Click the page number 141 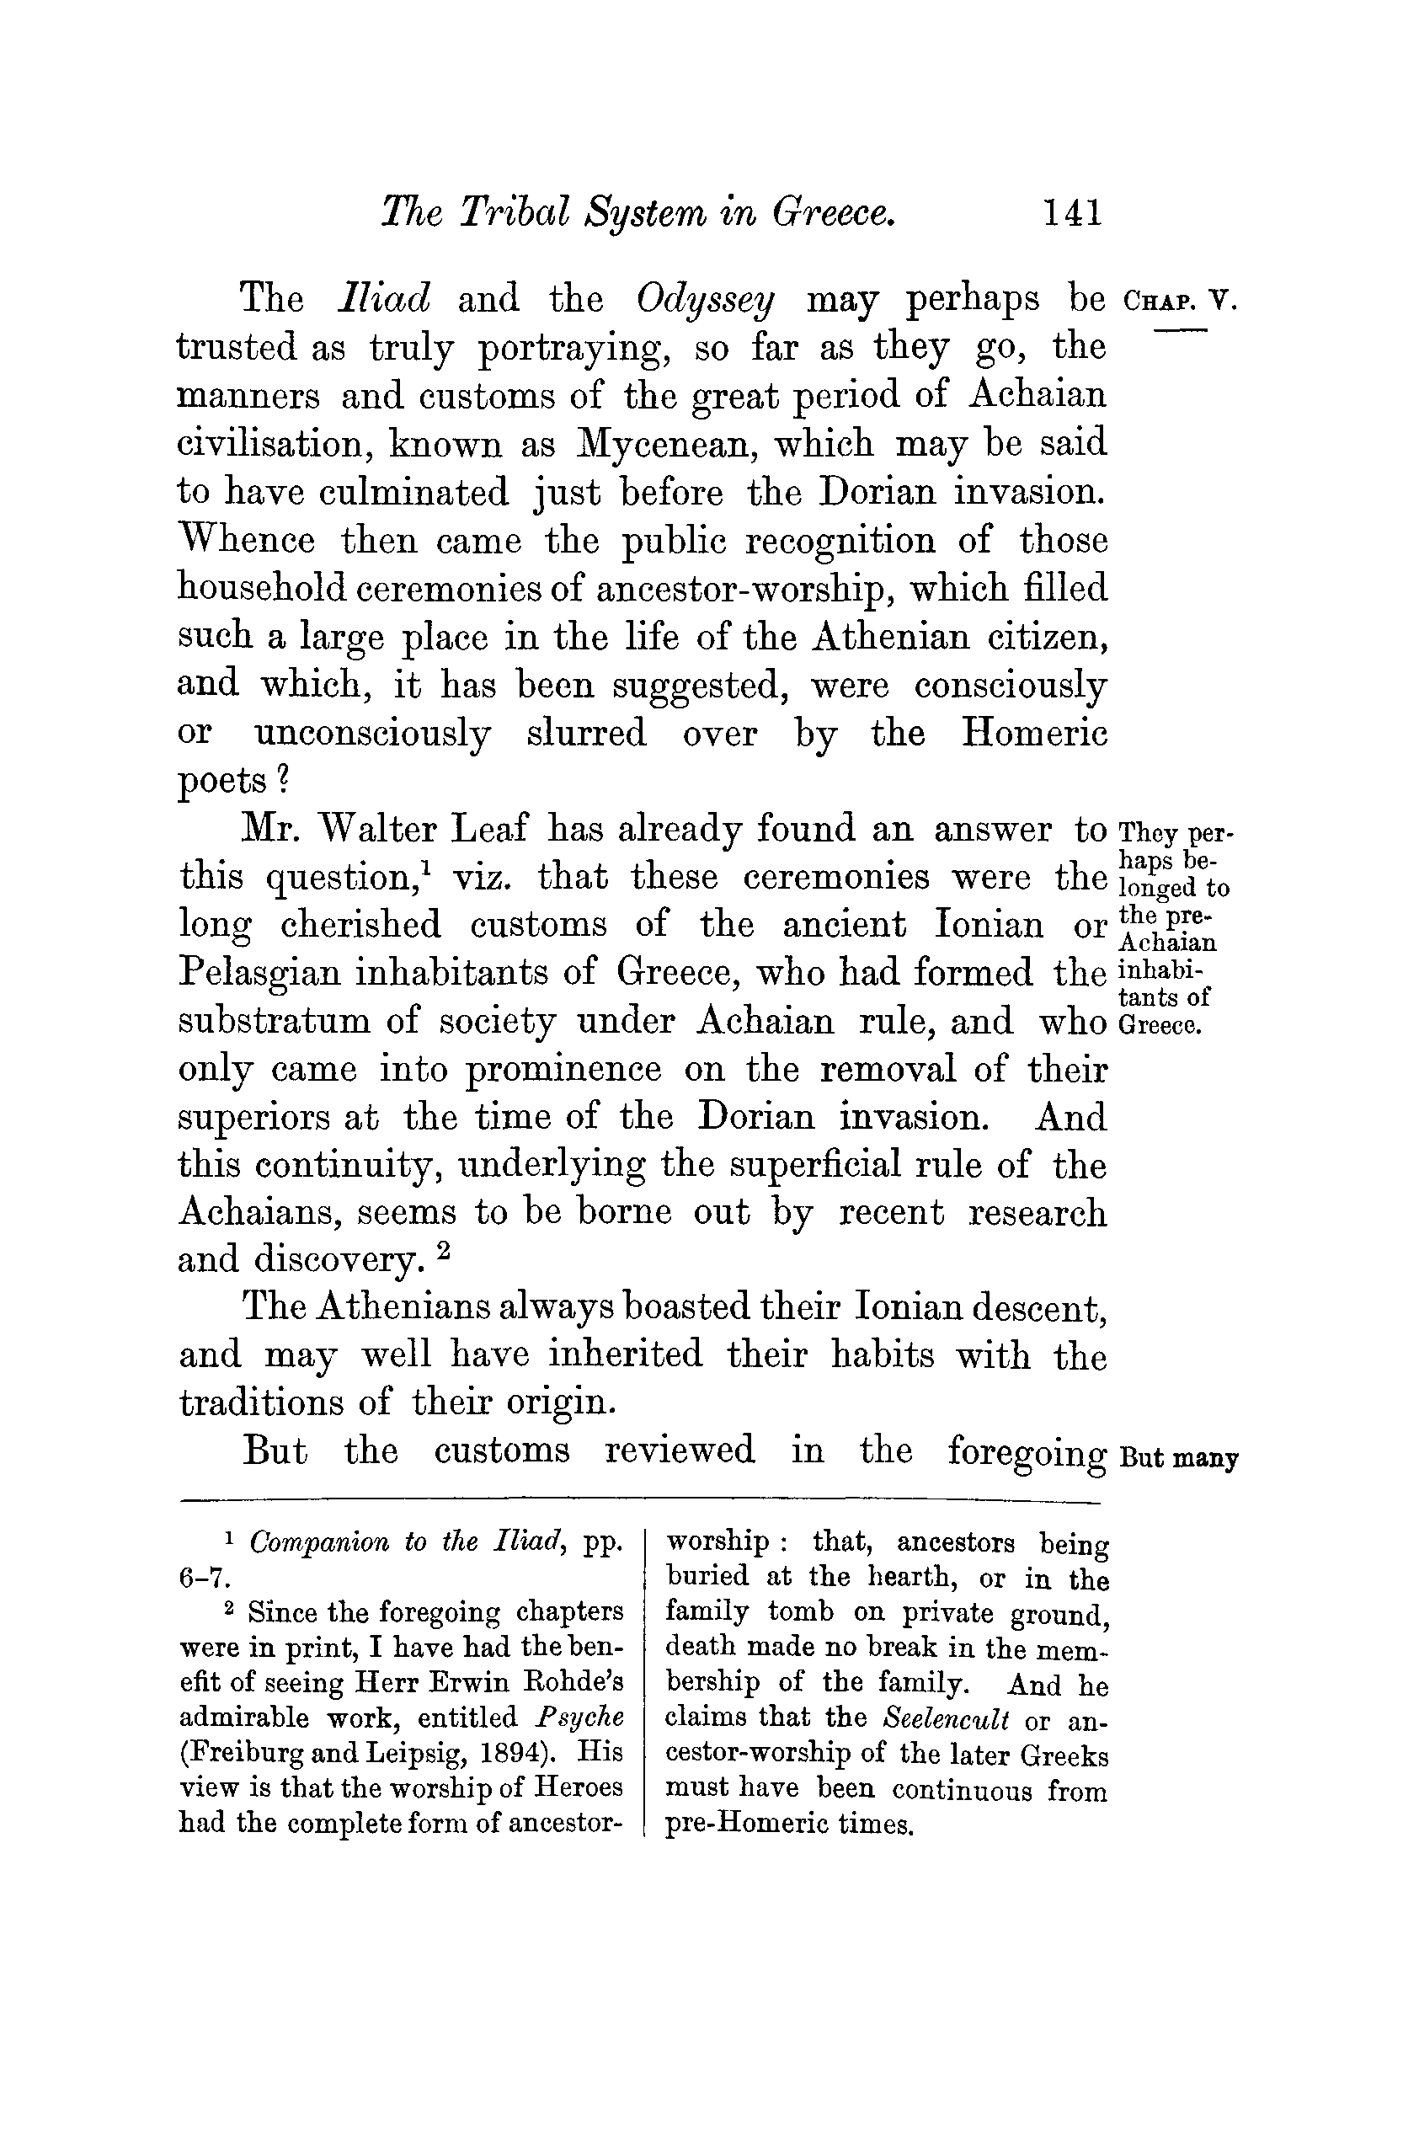1073,212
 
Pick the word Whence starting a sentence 247,540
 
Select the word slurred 586,732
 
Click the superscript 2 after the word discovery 443,1252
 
